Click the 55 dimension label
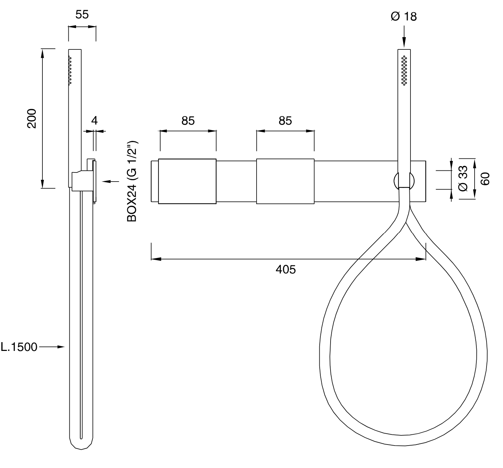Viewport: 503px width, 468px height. click(x=82, y=14)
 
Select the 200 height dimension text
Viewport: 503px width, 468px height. click(x=32, y=118)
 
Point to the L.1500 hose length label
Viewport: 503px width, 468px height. click(x=19, y=347)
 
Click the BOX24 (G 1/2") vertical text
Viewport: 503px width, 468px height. click(x=132, y=181)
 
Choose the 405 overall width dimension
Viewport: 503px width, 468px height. click(x=285, y=269)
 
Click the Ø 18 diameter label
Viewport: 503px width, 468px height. click(x=404, y=16)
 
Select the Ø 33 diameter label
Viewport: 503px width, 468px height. click(x=463, y=178)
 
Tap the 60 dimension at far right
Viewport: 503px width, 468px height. click(x=485, y=179)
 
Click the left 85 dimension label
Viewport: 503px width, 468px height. click(x=188, y=121)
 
